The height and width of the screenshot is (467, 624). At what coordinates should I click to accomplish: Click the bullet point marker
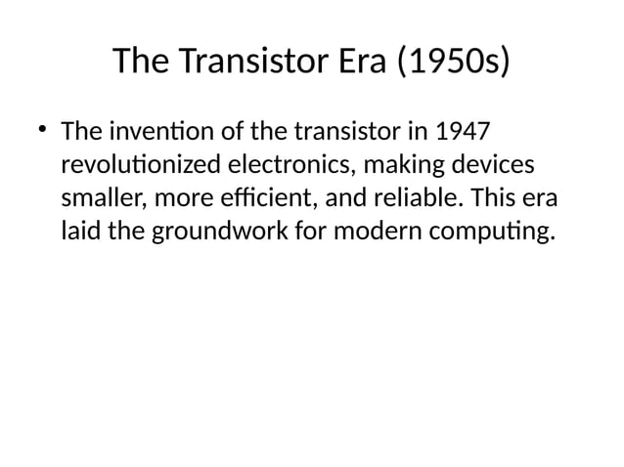coord(42,130)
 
